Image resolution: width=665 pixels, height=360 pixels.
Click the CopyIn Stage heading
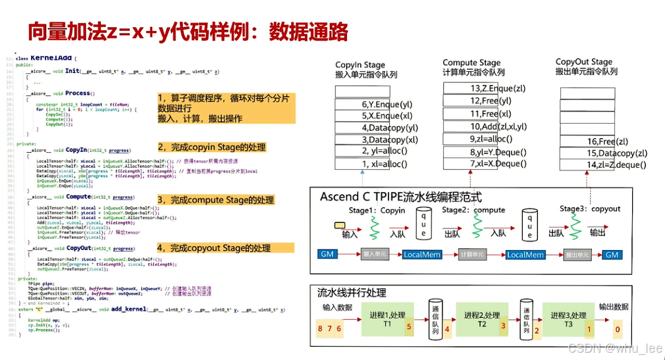[x=360, y=64]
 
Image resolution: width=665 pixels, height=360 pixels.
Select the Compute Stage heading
[x=471, y=63]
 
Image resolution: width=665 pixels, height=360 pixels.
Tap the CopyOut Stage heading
[x=584, y=61]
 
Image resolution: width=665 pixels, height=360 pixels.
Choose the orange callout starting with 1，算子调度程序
[x=224, y=108]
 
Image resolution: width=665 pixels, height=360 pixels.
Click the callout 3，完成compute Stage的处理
[x=215, y=199]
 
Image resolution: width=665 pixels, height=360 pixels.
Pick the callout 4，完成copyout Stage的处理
[x=214, y=248]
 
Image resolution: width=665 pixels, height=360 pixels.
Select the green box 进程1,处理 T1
[x=386, y=320]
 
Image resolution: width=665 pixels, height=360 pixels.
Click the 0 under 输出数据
[x=617, y=329]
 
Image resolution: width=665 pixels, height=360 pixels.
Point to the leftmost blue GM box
[x=327, y=255]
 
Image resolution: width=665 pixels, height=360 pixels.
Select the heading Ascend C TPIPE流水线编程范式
[x=400, y=197]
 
